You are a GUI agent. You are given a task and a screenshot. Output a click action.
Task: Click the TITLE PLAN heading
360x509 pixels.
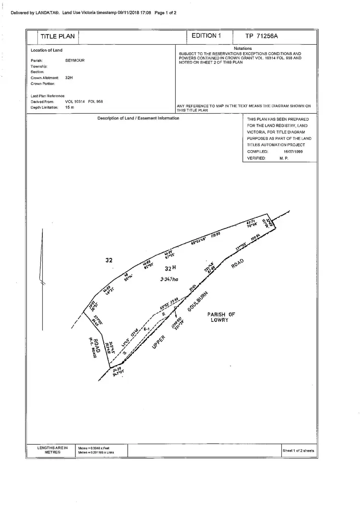tap(58, 36)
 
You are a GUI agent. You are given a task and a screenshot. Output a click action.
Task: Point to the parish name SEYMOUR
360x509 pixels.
tap(75, 60)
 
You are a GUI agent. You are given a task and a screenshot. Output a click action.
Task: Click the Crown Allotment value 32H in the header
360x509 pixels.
tap(69, 77)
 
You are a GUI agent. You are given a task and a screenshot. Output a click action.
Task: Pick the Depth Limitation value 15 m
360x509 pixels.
tap(70, 107)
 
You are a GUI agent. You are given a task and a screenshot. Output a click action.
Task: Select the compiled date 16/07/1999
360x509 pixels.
tap(293, 151)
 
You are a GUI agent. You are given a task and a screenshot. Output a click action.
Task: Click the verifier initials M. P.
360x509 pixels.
tap(284, 158)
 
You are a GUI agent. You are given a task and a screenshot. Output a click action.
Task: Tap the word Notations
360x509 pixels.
tap(243, 48)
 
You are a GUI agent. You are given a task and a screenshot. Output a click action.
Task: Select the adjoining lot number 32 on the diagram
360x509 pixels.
tap(109, 260)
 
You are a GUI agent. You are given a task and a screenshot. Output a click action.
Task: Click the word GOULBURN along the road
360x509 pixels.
tap(199, 301)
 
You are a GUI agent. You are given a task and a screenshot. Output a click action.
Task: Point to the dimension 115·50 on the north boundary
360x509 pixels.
tap(215, 235)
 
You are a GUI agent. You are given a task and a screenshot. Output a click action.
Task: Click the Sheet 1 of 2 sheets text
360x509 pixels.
tap(298, 450)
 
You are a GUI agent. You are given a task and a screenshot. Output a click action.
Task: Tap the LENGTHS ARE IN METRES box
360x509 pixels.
tap(53, 450)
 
